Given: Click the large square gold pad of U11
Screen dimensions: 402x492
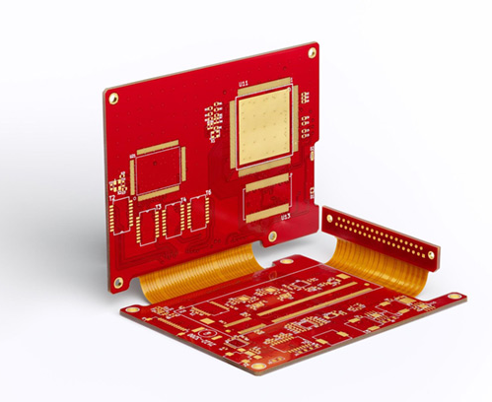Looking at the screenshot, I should [x=262, y=126].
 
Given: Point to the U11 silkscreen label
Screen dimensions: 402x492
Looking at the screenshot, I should [x=243, y=84].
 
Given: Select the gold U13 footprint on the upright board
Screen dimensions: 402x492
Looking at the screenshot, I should [x=267, y=196].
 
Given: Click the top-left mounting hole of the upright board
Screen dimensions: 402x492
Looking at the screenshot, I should [x=113, y=98].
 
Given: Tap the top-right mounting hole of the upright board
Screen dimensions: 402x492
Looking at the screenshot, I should [x=311, y=53].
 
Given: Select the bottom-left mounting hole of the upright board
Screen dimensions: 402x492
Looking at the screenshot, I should [x=118, y=282].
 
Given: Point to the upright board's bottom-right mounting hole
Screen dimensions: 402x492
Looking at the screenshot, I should [x=273, y=236].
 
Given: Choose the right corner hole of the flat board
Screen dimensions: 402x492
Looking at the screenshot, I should [x=454, y=297].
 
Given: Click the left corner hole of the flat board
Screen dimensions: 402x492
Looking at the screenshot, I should [x=133, y=308].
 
